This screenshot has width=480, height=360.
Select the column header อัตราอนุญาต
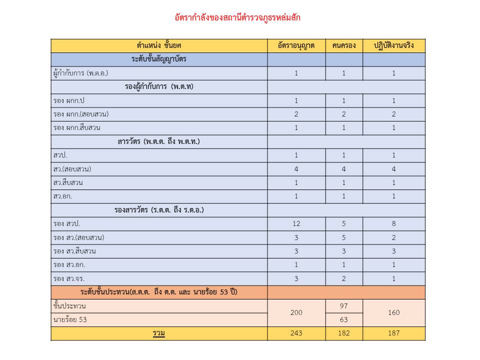tap(296, 46)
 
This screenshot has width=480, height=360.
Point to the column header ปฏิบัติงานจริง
tap(393, 46)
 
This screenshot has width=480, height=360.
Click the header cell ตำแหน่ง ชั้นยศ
tap(158, 46)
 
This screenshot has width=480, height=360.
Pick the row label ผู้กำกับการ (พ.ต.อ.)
tap(80, 73)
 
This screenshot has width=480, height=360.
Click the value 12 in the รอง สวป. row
tap(296, 223)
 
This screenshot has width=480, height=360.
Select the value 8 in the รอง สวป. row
tap(393, 223)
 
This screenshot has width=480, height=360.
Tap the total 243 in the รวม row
tap(296, 333)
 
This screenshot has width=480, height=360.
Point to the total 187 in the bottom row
tap(393, 333)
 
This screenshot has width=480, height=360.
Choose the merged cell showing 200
tap(296, 313)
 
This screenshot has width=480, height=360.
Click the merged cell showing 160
tap(393, 313)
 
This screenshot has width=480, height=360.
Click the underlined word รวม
tap(159, 333)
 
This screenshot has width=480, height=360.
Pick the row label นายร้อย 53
tap(70, 319)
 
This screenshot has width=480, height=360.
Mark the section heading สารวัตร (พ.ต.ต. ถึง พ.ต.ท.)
tap(158, 141)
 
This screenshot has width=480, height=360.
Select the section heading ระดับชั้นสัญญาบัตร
tap(158, 59)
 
